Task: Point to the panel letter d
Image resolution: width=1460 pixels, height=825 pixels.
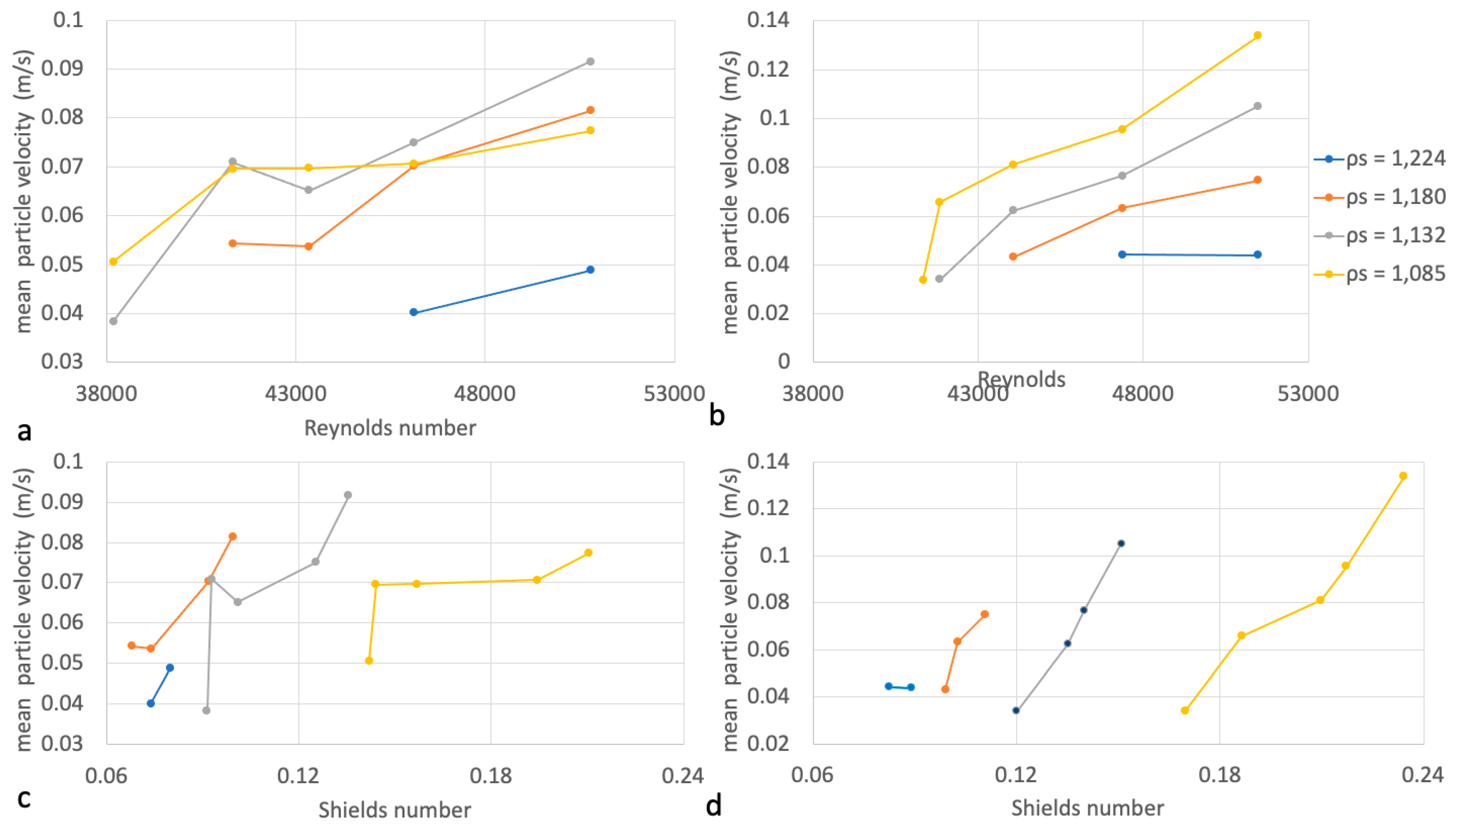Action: [714, 804]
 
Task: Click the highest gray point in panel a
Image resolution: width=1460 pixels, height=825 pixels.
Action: [590, 61]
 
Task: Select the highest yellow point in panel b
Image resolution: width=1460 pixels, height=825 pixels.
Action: [1257, 35]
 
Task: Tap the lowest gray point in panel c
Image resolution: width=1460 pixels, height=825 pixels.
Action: [206, 711]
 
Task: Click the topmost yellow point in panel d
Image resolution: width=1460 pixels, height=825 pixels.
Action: [1403, 476]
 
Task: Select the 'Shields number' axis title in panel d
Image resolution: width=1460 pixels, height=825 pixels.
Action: [1087, 808]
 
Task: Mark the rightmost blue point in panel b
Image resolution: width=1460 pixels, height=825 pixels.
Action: [1257, 255]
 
